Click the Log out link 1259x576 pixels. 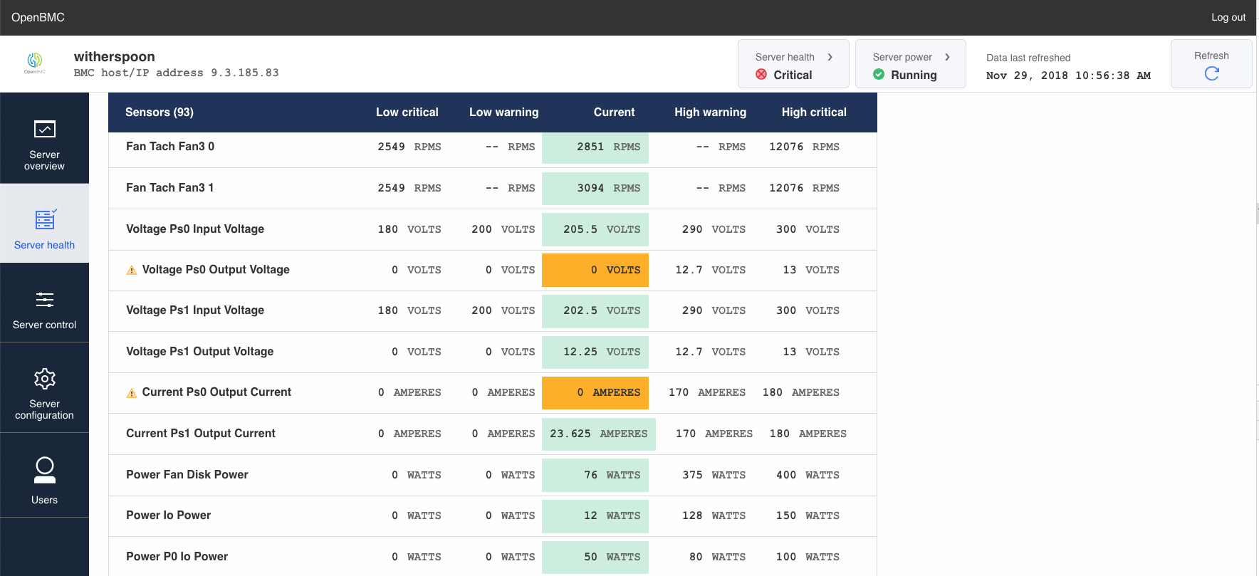1228,17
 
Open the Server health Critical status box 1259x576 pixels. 793,65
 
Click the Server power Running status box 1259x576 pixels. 909,65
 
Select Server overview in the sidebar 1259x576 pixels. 44,139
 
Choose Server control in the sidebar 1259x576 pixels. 44,310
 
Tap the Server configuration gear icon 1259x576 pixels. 44,379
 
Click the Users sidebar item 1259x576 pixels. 44,478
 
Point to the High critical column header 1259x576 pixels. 813,112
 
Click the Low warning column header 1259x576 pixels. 503,112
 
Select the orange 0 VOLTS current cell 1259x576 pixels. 595,271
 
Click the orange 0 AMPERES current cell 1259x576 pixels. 595,393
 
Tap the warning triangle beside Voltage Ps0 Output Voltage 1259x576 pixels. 132,271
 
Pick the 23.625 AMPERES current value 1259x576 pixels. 598,434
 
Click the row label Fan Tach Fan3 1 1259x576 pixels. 169,188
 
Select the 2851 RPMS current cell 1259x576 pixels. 595,147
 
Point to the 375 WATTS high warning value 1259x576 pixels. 714,475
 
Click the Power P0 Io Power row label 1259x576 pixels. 177,557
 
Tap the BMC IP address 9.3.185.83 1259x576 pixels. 244,73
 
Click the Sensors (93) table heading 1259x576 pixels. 159,112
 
